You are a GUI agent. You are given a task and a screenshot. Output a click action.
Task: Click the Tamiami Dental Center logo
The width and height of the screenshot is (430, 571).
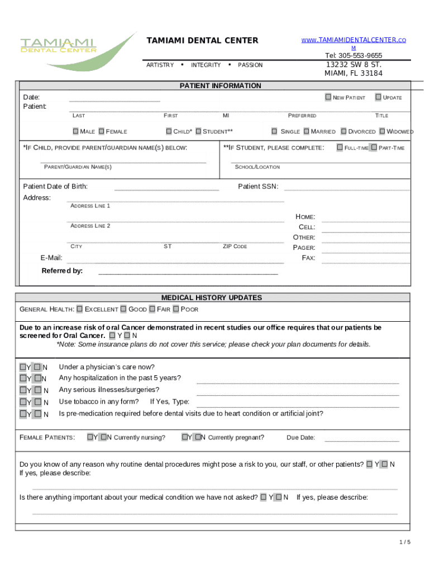[x=73, y=50]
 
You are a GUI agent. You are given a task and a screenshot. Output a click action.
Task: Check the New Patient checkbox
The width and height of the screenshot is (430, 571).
[x=328, y=98]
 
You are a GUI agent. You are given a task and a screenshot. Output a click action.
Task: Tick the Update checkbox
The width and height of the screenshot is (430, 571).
[x=378, y=98]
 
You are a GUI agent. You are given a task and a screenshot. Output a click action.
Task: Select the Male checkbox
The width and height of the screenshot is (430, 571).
[x=75, y=132]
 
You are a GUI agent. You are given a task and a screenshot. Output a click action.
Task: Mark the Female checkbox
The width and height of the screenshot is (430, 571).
[x=102, y=132]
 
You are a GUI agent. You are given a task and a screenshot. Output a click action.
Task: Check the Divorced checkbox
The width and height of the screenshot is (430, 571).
[x=343, y=132]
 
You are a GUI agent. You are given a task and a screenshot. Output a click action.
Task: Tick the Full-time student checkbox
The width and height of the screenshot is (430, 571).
[x=340, y=148]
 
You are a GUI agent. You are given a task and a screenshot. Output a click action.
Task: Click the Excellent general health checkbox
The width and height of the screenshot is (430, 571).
[x=80, y=309]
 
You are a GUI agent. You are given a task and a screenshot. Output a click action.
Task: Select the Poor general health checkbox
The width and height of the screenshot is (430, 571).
[x=176, y=309]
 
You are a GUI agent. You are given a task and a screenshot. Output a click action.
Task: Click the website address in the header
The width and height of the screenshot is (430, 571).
[x=353, y=41]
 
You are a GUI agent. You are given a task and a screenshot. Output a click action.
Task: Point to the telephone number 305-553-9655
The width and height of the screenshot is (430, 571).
[x=353, y=56]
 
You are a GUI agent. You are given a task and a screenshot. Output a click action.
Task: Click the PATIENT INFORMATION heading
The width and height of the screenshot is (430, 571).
[x=220, y=86]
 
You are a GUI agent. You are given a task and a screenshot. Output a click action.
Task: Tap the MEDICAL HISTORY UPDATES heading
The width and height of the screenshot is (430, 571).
[x=212, y=298]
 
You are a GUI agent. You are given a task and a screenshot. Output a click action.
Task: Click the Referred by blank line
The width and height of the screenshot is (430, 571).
[x=188, y=274]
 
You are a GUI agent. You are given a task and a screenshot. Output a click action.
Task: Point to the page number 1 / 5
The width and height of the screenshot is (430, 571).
[x=405, y=542]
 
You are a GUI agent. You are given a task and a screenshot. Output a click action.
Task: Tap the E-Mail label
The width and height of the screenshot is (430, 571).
[x=51, y=258]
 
